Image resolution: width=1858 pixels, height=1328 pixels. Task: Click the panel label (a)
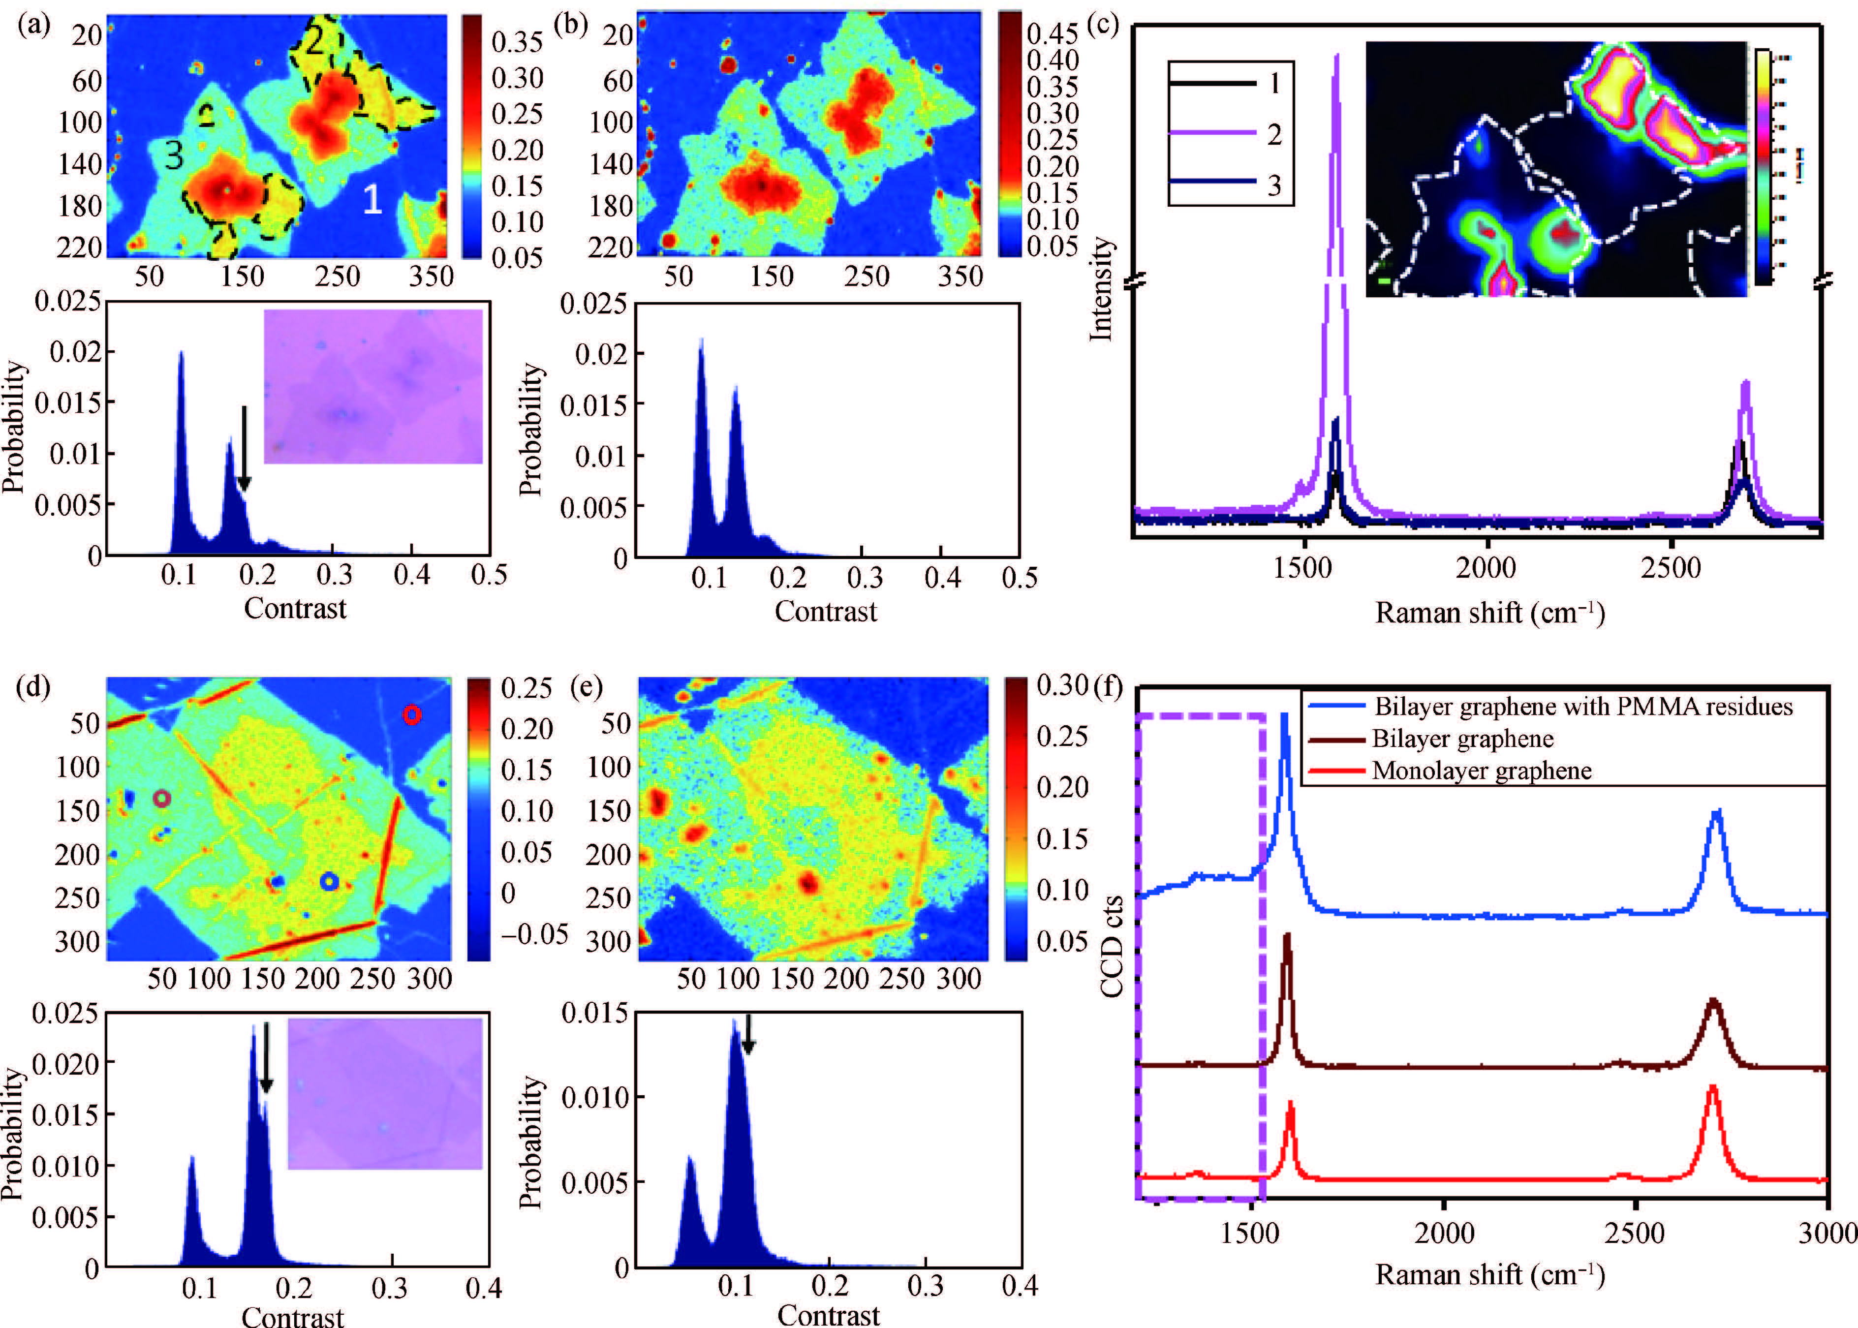pos(33,25)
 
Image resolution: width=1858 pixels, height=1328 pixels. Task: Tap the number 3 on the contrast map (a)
pos(173,154)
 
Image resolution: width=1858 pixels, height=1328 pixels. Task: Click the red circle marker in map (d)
pos(412,715)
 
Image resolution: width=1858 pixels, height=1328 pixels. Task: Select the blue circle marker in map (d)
pos(329,882)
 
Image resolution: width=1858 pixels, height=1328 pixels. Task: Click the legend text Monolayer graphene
pos(1481,771)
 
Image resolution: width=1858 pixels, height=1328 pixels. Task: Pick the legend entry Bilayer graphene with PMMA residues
pos(1582,707)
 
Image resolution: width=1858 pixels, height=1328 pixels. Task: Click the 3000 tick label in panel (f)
pos(1827,1233)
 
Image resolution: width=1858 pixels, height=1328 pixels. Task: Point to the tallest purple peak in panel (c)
pos(1337,57)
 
